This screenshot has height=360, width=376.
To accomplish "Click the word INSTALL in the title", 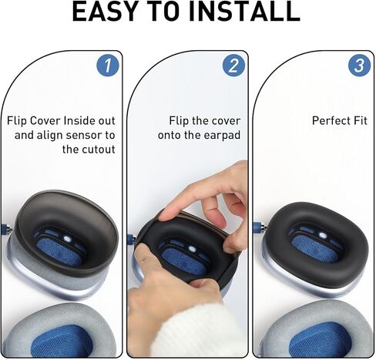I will pyautogui.click(x=244, y=12).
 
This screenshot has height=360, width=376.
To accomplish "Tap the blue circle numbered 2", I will pyautogui.click(x=233, y=66).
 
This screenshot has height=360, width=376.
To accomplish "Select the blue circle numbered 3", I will pyautogui.click(x=358, y=66).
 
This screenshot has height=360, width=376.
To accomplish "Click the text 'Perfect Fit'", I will pyautogui.click(x=340, y=121).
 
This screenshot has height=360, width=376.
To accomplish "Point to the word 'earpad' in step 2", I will pyautogui.click(x=221, y=135).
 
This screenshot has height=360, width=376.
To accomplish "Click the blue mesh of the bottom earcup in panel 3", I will pyautogui.click(x=316, y=343).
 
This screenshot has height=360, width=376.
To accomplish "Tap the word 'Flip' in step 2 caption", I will pyautogui.click(x=180, y=121).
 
